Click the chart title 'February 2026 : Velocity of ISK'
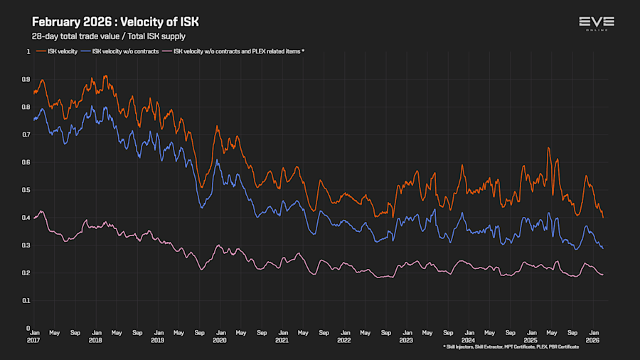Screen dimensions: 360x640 115,22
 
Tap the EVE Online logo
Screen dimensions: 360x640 596,23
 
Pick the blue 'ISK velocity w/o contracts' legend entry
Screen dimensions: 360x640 117,51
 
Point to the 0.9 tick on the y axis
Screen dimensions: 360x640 27,80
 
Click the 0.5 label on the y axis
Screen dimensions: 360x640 27,190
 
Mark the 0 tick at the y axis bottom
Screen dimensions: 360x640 29,328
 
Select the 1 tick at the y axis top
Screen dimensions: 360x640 29,52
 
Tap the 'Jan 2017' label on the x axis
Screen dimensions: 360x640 33,336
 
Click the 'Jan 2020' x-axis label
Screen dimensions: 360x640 220,336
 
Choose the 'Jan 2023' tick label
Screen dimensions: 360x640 406,336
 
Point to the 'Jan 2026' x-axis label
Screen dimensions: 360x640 592,336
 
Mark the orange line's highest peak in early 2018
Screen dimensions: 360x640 105,75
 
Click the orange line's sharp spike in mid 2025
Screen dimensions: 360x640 548,148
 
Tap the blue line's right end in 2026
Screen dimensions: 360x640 603,248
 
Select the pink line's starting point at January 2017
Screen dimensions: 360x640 33,218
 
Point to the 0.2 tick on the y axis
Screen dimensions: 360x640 27,272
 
